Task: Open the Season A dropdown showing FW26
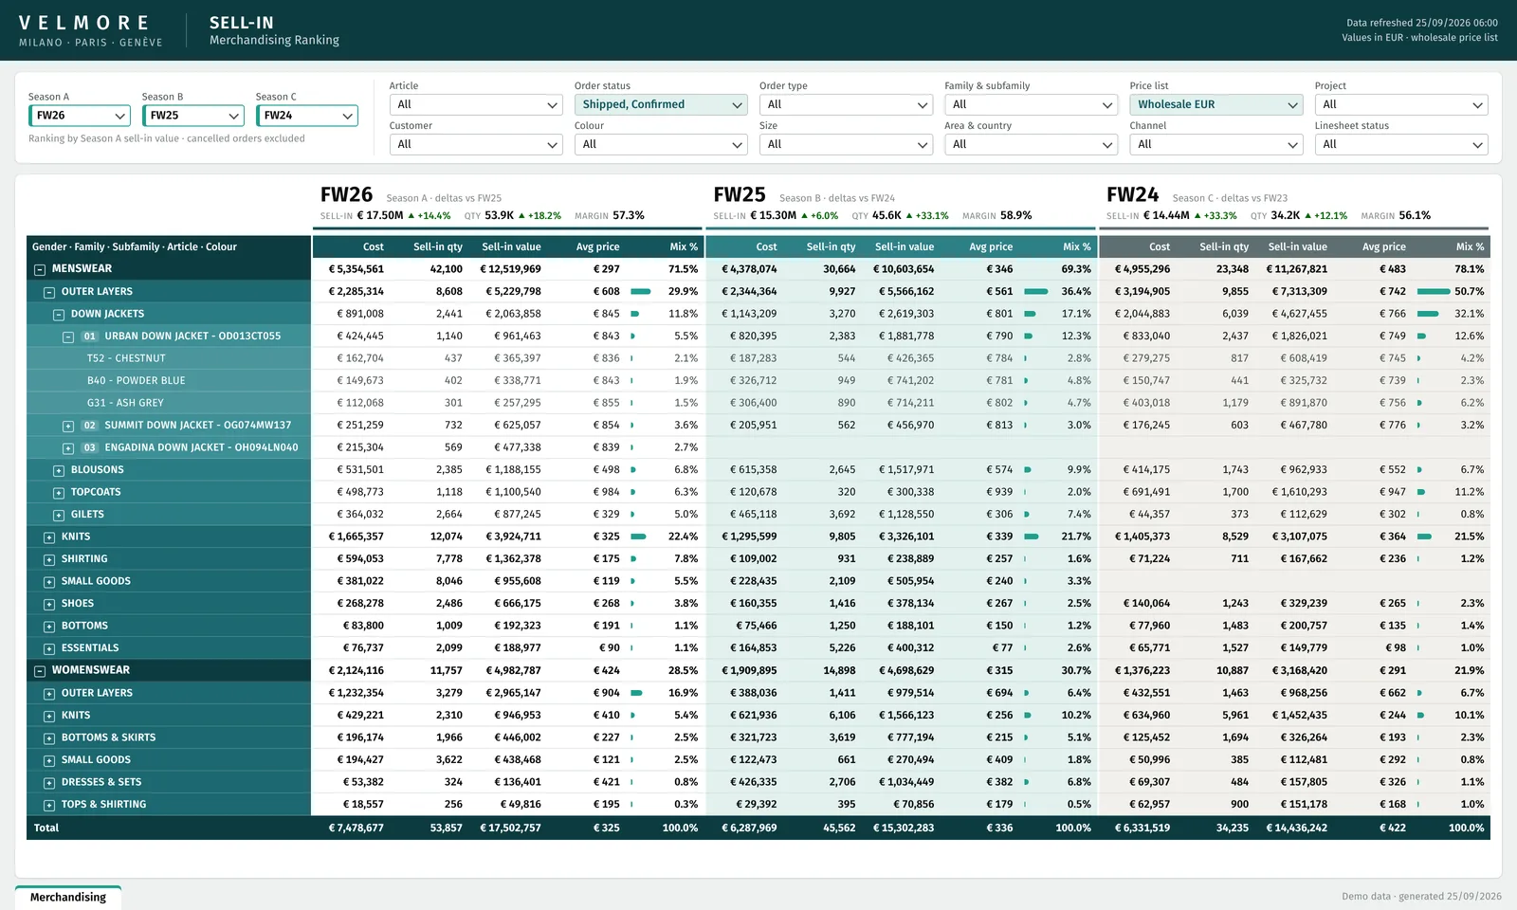pos(80,116)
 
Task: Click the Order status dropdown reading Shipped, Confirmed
pos(660,104)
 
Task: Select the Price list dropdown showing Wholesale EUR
pos(1215,104)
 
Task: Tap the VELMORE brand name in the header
pos(84,23)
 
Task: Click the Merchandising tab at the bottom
pos(67,897)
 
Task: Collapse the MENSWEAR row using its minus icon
pos(40,269)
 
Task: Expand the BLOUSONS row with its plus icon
pos(59,470)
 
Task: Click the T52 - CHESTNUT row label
pos(126,358)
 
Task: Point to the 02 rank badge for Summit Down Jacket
pos(89,426)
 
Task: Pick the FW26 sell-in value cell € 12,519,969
pos(511,269)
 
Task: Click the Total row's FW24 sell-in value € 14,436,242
pos(1296,828)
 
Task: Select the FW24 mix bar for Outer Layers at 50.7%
pos(1433,291)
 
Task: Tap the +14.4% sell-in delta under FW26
pos(430,216)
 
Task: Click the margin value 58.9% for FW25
pos(1015,215)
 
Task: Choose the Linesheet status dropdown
pos(1400,144)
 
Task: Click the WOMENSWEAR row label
pos(91,669)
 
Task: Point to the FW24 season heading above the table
pos(1132,195)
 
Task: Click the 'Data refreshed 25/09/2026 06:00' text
pos(1421,23)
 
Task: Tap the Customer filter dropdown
pos(475,144)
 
